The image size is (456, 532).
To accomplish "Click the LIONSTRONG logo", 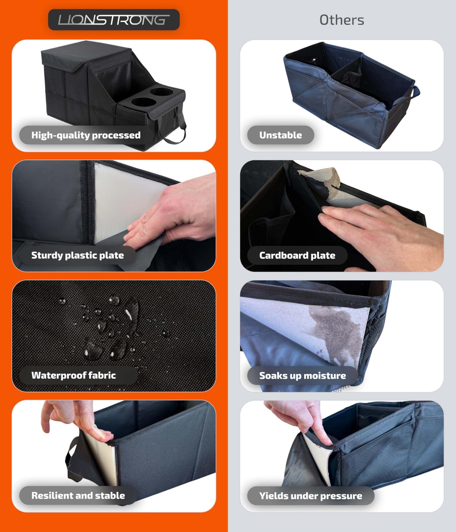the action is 114,20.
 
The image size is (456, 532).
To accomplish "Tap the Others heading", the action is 342,20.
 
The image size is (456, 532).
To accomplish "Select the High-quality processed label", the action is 86,135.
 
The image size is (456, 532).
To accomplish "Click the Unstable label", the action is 281,135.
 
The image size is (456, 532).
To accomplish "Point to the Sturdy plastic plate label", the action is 78,255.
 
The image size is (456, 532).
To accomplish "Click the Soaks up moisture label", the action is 303,376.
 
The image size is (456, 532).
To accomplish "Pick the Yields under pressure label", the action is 311,496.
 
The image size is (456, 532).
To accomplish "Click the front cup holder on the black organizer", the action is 144,102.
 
